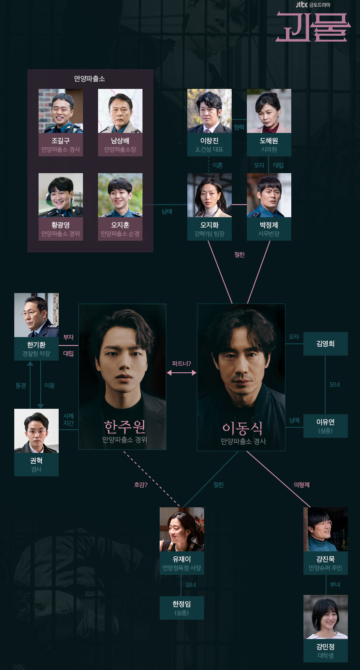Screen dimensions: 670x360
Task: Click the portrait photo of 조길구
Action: pyautogui.click(x=61, y=111)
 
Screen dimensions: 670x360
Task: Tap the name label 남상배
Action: pyautogui.click(x=120, y=141)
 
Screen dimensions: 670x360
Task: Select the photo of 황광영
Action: pyautogui.click(x=61, y=195)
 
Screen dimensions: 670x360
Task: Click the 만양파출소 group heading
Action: pyautogui.click(x=90, y=79)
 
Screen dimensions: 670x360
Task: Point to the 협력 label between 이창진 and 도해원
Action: pyautogui.click(x=239, y=127)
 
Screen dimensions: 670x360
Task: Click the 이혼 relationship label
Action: pyautogui.click(x=218, y=165)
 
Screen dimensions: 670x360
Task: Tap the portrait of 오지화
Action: pyautogui.click(x=210, y=195)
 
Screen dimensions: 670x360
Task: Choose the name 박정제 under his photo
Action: pyautogui.click(x=269, y=225)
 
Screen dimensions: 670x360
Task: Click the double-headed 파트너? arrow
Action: pyautogui.click(x=181, y=372)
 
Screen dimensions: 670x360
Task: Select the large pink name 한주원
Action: pyautogui.click(x=124, y=426)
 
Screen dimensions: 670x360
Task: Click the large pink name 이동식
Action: pyautogui.click(x=243, y=428)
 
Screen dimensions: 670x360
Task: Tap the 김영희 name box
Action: pyautogui.click(x=326, y=344)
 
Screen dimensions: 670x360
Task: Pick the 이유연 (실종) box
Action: pyautogui.click(x=326, y=426)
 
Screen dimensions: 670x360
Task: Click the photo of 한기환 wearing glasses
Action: pyautogui.click(x=36, y=315)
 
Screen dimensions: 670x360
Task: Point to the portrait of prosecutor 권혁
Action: pyautogui.click(x=36, y=431)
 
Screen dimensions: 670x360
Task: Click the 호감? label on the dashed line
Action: pyautogui.click(x=141, y=485)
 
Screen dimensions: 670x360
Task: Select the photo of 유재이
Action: pyautogui.click(x=182, y=529)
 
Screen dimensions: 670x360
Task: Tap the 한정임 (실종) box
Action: pyautogui.click(x=182, y=608)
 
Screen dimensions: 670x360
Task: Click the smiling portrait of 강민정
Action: pyautogui.click(x=326, y=617)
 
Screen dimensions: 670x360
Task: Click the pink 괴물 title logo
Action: pyautogui.click(x=313, y=27)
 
